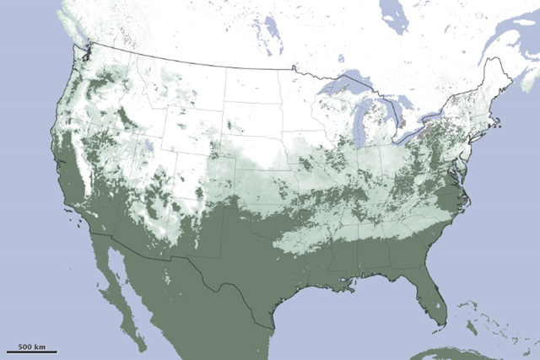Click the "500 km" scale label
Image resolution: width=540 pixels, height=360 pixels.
point(32,345)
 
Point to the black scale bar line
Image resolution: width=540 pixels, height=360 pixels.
point(32,352)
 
